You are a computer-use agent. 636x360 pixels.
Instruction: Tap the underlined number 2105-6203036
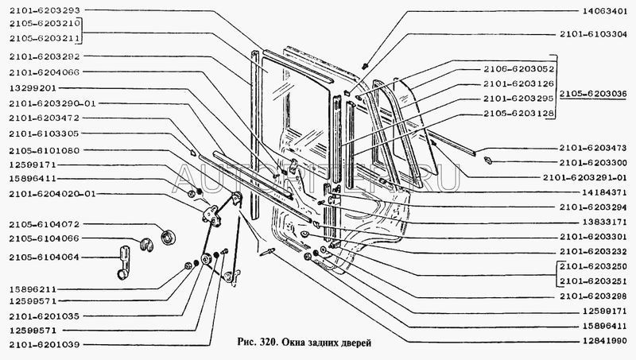click(x=593, y=94)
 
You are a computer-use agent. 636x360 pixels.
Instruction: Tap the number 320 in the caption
click(x=267, y=343)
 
